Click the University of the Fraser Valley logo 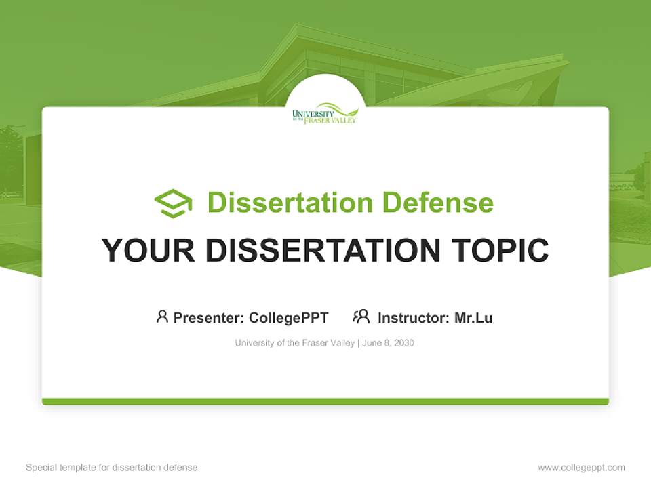coord(325,113)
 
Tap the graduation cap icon coord(173,203)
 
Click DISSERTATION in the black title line coord(323,250)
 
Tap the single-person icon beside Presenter coord(162,317)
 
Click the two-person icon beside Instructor coord(361,317)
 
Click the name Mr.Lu coord(473,318)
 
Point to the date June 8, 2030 coord(388,343)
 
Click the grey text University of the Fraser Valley coord(294,343)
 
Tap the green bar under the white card coord(325,401)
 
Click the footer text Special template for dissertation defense coord(111,468)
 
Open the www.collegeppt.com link coord(581,468)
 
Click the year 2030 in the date coord(403,343)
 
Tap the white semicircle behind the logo coord(325,88)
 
